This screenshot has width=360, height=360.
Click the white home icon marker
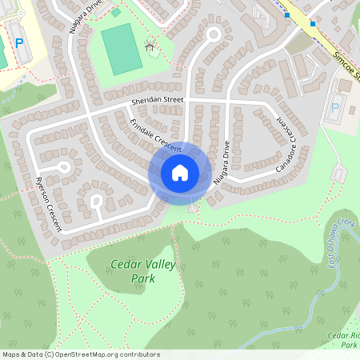(180, 172)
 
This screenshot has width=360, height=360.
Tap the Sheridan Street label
(158, 101)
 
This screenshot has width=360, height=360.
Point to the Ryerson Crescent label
(49, 204)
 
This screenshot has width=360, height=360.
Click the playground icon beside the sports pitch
(150, 46)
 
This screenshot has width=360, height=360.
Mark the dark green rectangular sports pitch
(120, 49)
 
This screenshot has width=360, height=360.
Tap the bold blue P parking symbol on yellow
(20, 42)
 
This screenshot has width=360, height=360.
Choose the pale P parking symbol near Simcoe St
(334, 107)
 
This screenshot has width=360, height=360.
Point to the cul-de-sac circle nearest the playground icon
(214, 34)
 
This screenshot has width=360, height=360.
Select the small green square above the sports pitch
(116, 13)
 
